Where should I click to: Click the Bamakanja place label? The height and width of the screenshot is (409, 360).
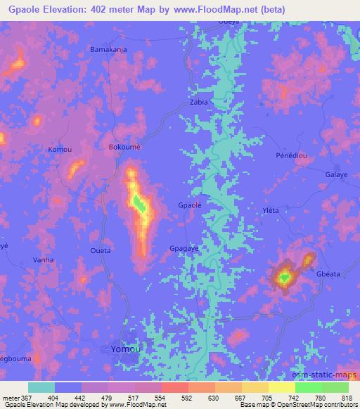pyautogui.click(x=107, y=50)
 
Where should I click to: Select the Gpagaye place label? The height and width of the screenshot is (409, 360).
pyautogui.click(x=185, y=248)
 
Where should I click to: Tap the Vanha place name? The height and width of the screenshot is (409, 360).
pyautogui.click(x=43, y=259)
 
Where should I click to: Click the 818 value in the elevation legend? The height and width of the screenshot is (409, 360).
pyautogui.click(x=347, y=397)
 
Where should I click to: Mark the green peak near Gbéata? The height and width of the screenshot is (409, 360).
pyautogui.click(x=284, y=278)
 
